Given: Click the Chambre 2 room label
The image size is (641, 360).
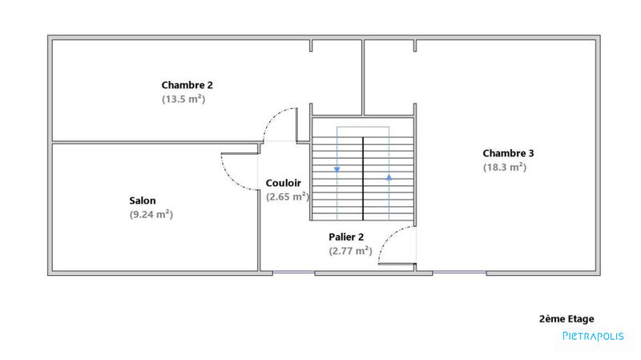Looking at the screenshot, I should pyautogui.click(x=187, y=84).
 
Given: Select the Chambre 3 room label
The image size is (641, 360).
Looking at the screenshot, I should pyautogui.click(x=508, y=153).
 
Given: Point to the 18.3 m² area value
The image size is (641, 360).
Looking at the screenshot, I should pyautogui.click(x=504, y=168).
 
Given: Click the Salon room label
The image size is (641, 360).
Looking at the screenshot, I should pyautogui.click(x=143, y=200).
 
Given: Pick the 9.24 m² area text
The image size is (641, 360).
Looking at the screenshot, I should pyautogui.click(x=151, y=215).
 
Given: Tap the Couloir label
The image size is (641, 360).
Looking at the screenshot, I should pyautogui.click(x=284, y=183).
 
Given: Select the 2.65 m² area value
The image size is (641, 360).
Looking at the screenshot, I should pyautogui.click(x=288, y=196).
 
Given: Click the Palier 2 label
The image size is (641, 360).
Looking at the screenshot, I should pyautogui.click(x=346, y=237).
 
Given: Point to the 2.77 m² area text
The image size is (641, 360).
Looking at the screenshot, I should pyautogui.click(x=350, y=251).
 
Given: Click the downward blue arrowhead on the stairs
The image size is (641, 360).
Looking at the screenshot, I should pyautogui.click(x=337, y=169).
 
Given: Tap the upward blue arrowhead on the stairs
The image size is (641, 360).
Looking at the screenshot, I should pyautogui.click(x=389, y=177).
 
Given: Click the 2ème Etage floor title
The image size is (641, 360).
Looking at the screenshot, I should pyautogui.click(x=566, y=318).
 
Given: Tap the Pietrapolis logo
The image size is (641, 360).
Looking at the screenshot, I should pyautogui.click(x=592, y=337).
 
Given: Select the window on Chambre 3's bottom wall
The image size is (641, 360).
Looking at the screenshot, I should pyautogui.click(x=459, y=273).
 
